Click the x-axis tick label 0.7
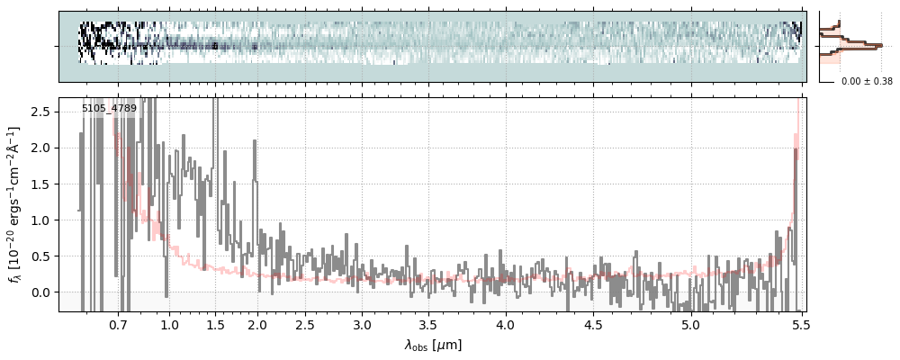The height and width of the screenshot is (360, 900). tap(118, 323)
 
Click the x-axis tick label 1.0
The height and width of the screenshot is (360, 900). tap(169, 323)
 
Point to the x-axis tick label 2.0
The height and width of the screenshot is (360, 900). tap(257, 323)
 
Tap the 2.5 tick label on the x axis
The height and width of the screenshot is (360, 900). tap(305, 323)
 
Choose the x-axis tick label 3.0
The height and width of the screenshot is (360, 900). tap(362, 323)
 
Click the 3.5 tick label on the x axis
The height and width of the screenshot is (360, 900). tap(428, 323)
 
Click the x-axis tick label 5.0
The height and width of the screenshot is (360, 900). tap(690, 323)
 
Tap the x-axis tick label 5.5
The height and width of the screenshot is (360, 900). tap(801, 323)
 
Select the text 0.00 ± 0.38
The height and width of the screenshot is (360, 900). tap(867, 82)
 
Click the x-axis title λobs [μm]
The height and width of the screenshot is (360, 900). tap(433, 345)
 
